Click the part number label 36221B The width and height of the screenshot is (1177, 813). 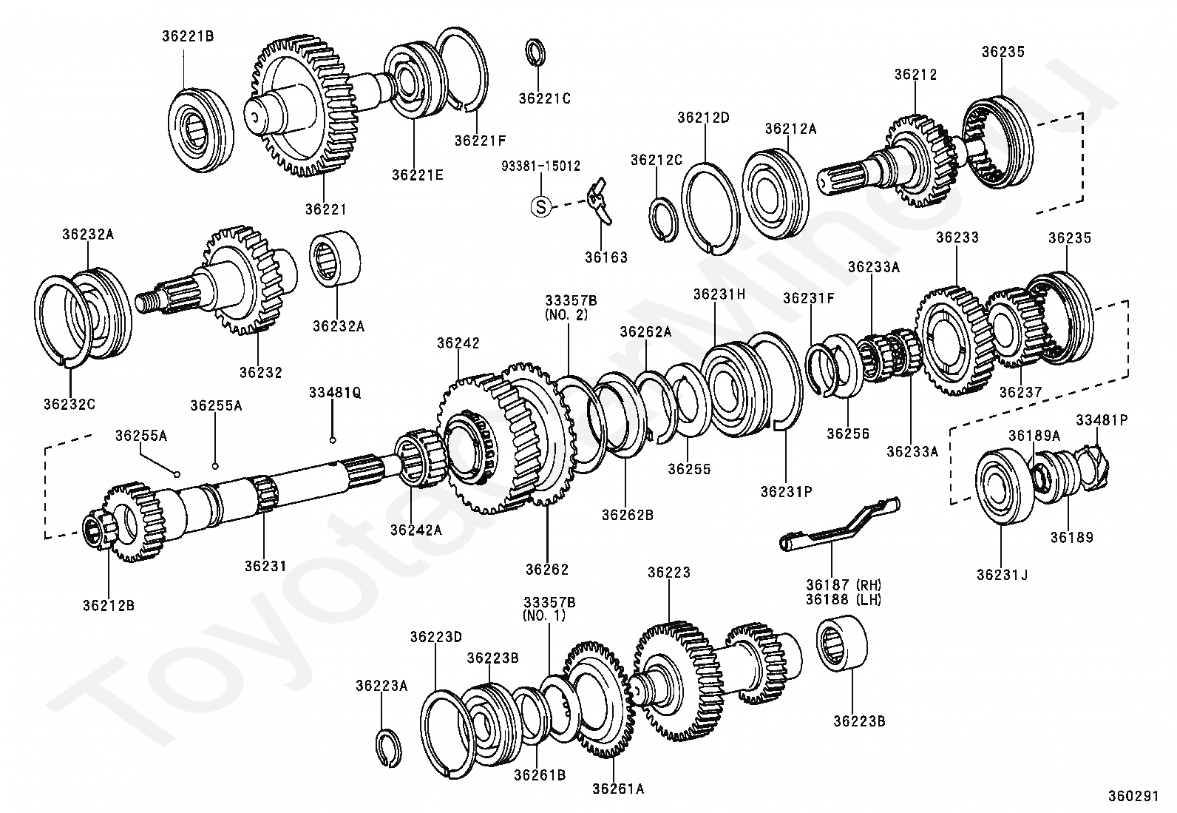click(x=188, y=35)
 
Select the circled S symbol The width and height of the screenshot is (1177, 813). click(x=540, y=206)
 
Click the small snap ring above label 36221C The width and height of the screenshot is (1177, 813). click(x=536, y=54)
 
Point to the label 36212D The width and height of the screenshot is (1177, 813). click(x=704, y=117)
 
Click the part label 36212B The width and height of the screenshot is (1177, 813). click(x=109, y=605)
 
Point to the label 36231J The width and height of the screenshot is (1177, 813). click(x=1002, y=574)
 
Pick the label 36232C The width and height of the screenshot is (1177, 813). click(x=69, y=404)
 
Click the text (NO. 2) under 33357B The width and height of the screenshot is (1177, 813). click(x=570, y=314)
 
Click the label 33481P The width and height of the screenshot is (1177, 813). click(x=1102, y=419)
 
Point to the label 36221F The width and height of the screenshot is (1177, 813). click(x=481, y=138)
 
